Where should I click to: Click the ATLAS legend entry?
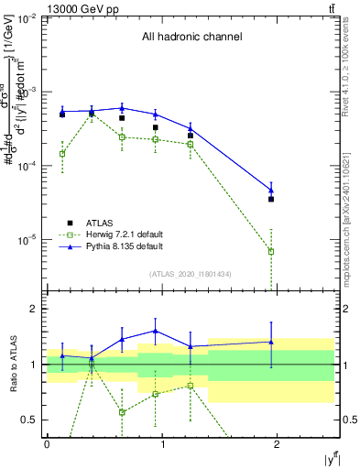coord(98,222)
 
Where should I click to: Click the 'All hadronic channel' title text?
coord(191,38)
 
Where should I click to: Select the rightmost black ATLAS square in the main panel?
coord(271,199)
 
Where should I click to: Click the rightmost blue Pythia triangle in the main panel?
coord(271,190)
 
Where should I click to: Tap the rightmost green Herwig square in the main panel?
coord(271,251)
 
